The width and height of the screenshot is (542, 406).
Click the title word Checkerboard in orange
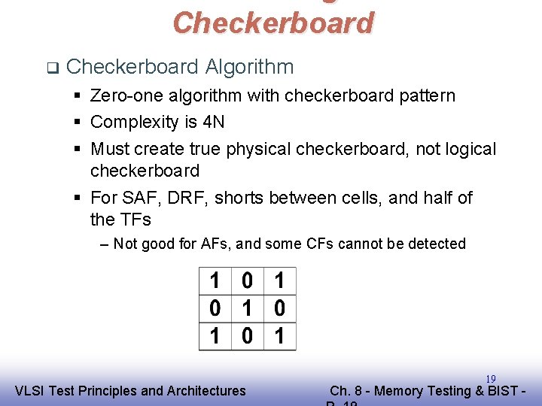(x=273, y=23)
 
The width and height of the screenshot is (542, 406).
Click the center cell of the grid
(x=247, y=309)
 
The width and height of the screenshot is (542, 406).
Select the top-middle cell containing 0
(x=247, y=282)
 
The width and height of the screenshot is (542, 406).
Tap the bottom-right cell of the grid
(x=279, y=336)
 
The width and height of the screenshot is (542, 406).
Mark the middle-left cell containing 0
(x=215, y=309)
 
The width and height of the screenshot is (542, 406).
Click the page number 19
(x=490, y=379)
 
